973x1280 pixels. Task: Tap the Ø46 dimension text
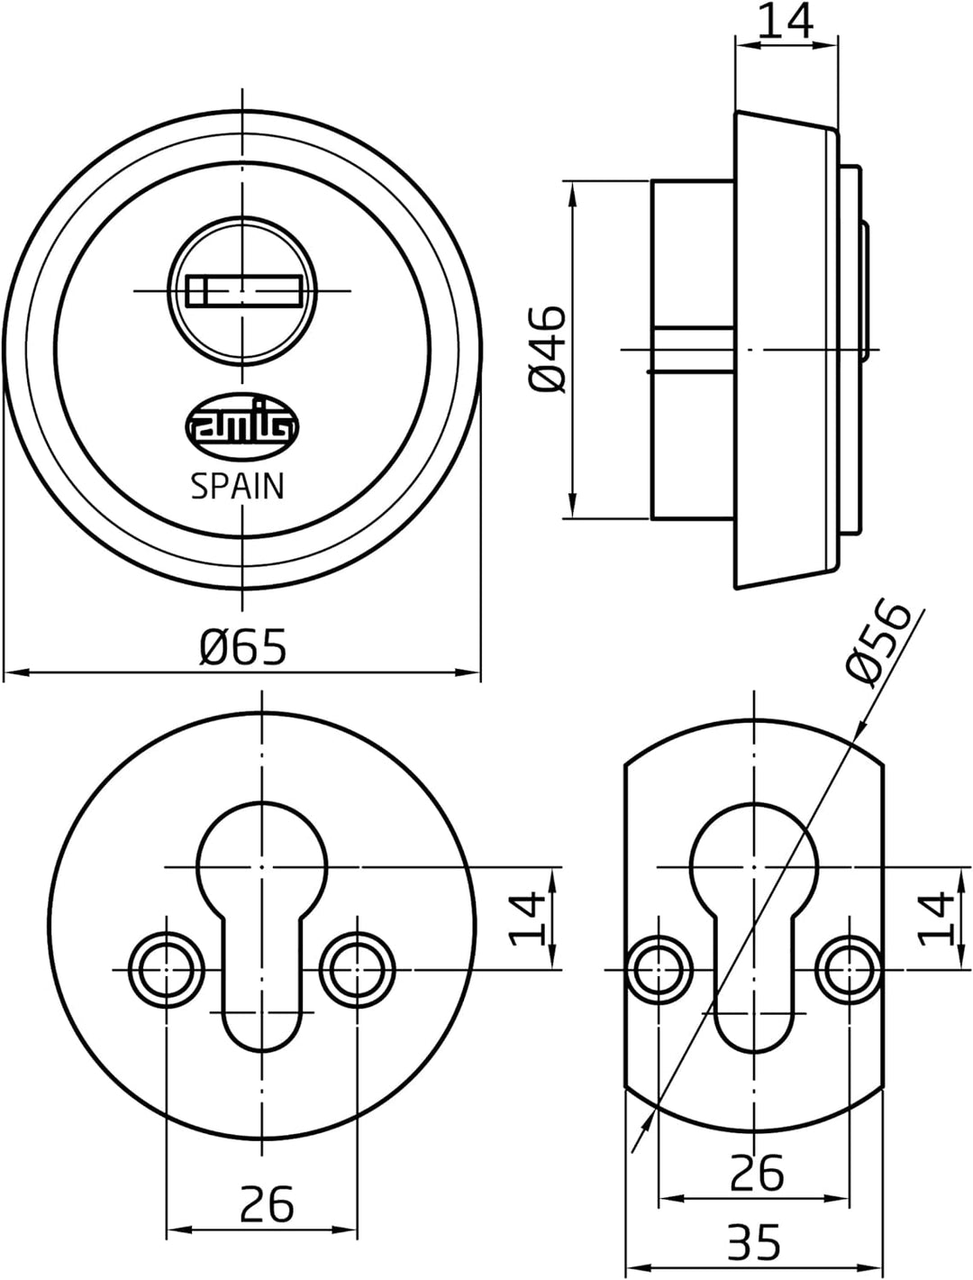[547, 349]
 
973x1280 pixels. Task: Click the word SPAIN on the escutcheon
[238, 487]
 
